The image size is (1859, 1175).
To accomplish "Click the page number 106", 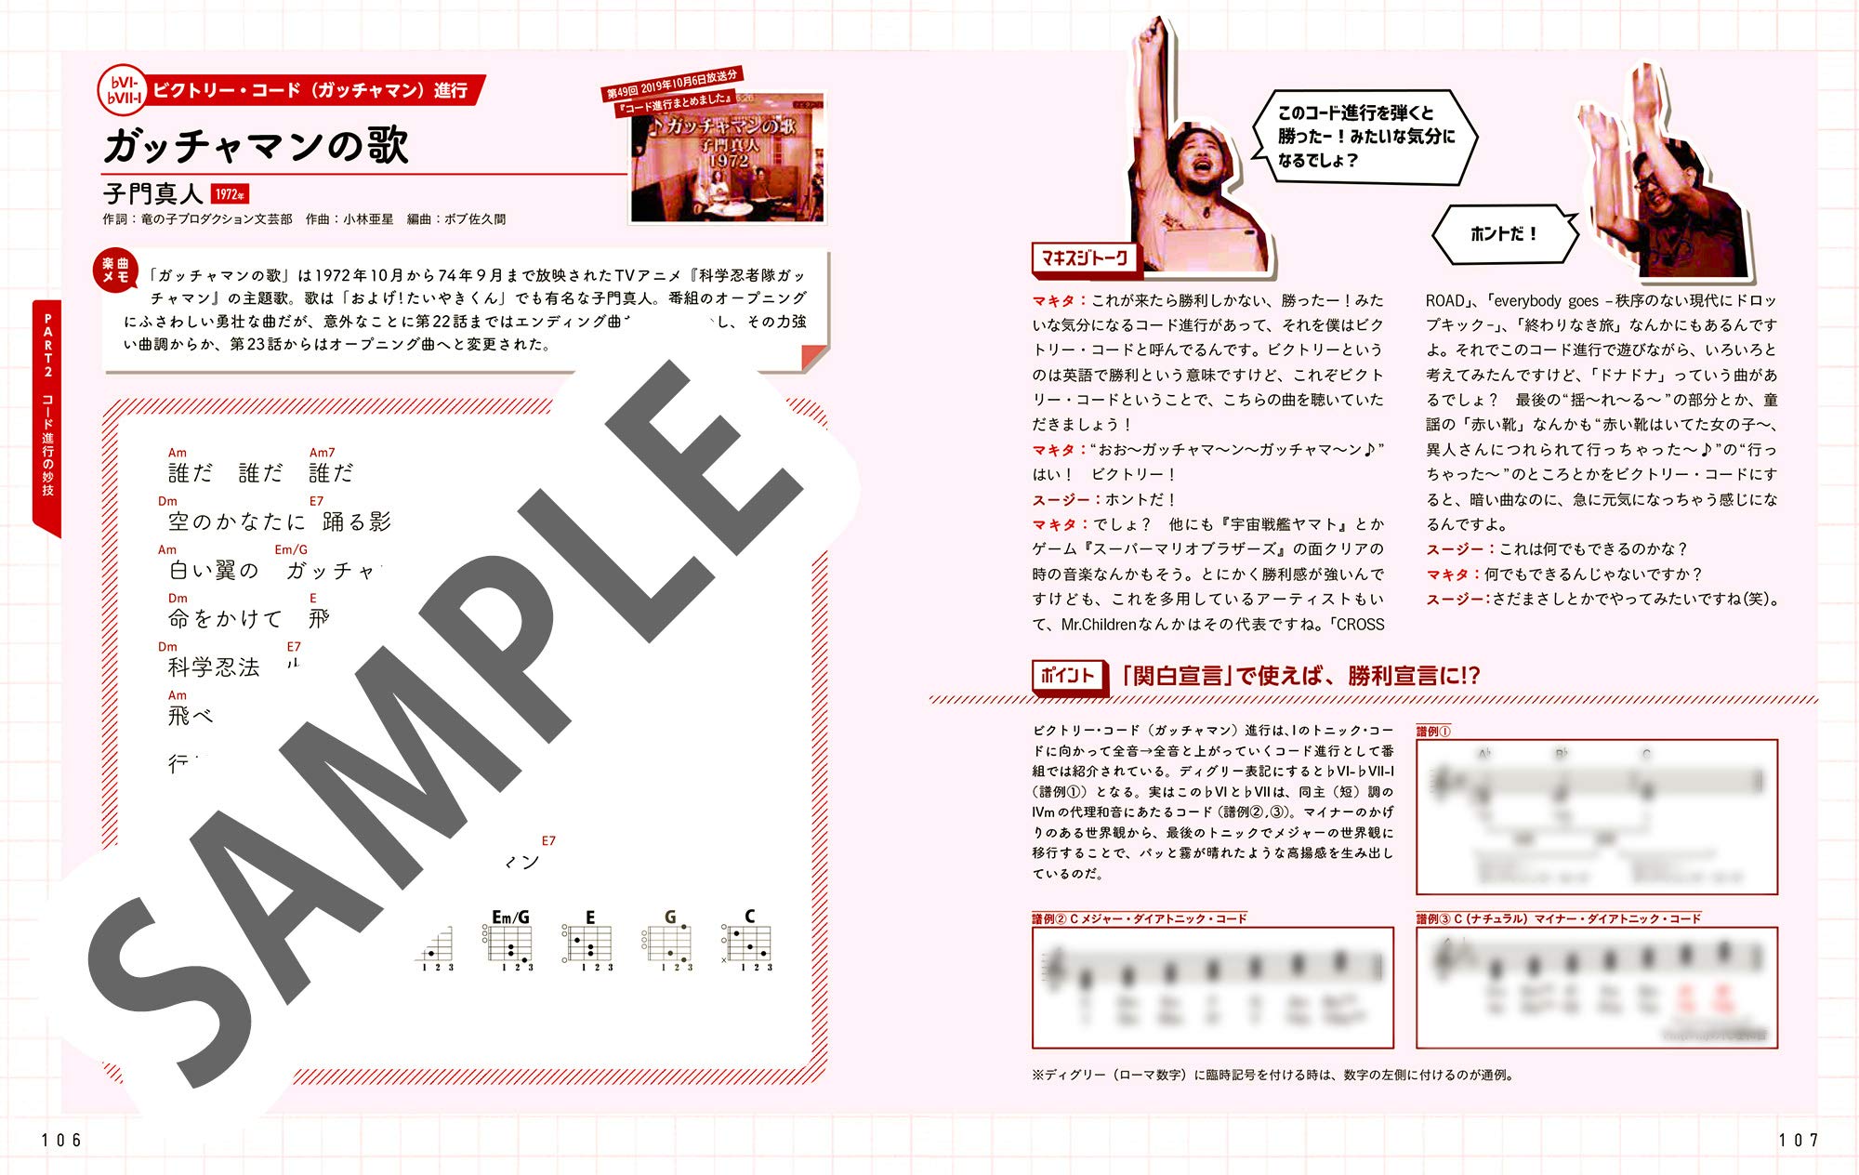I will coord(61,1141).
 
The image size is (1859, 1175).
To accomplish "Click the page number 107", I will coord(1798,1141).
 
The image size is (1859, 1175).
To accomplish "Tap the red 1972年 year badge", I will coord(230,194).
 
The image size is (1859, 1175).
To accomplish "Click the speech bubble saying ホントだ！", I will coord(1503,234).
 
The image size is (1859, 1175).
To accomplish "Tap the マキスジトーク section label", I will coord(1085,258).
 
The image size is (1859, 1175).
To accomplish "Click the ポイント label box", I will coord(1068,676).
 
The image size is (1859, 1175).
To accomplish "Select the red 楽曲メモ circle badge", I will coord(116,271).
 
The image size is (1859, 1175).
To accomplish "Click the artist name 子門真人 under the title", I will coord(152,193).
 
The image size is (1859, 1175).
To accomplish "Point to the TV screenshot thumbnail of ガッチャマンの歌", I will coord(727,158).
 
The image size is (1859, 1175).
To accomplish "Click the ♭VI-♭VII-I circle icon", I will coord(124,91).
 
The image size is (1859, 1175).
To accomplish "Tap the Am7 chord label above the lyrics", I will coord(322,453).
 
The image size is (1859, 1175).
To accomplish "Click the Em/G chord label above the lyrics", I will coord(291,549).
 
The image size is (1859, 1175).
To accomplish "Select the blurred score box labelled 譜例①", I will coord(1596,816).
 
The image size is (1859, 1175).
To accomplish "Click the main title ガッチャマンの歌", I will coord(256,146).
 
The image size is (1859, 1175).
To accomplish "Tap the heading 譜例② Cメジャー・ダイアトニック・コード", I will coord(1139,918).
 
